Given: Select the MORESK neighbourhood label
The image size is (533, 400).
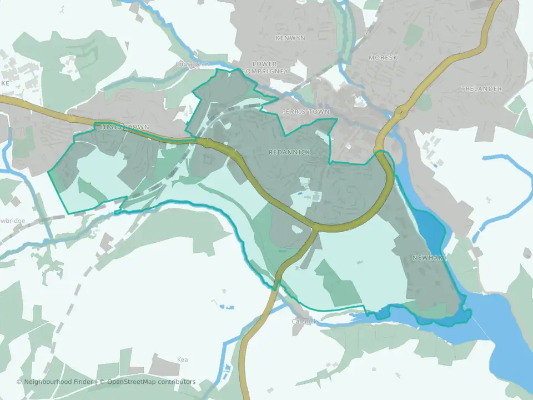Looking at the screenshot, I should point(383,57).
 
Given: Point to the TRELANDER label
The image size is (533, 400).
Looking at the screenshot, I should point(481,88).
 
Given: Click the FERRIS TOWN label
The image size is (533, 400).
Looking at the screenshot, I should point(305,112).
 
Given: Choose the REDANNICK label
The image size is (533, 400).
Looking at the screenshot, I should point(289,152).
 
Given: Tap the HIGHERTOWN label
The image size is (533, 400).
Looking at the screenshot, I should point(125,127).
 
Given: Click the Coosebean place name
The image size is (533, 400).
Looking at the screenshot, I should point(192,64).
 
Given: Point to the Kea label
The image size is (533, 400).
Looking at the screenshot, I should point(183,359).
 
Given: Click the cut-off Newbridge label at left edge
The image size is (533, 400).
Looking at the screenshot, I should point(12,221).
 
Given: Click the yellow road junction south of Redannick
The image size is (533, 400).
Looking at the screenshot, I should point(315,228).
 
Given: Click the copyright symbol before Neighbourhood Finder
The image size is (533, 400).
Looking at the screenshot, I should point(19,382).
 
